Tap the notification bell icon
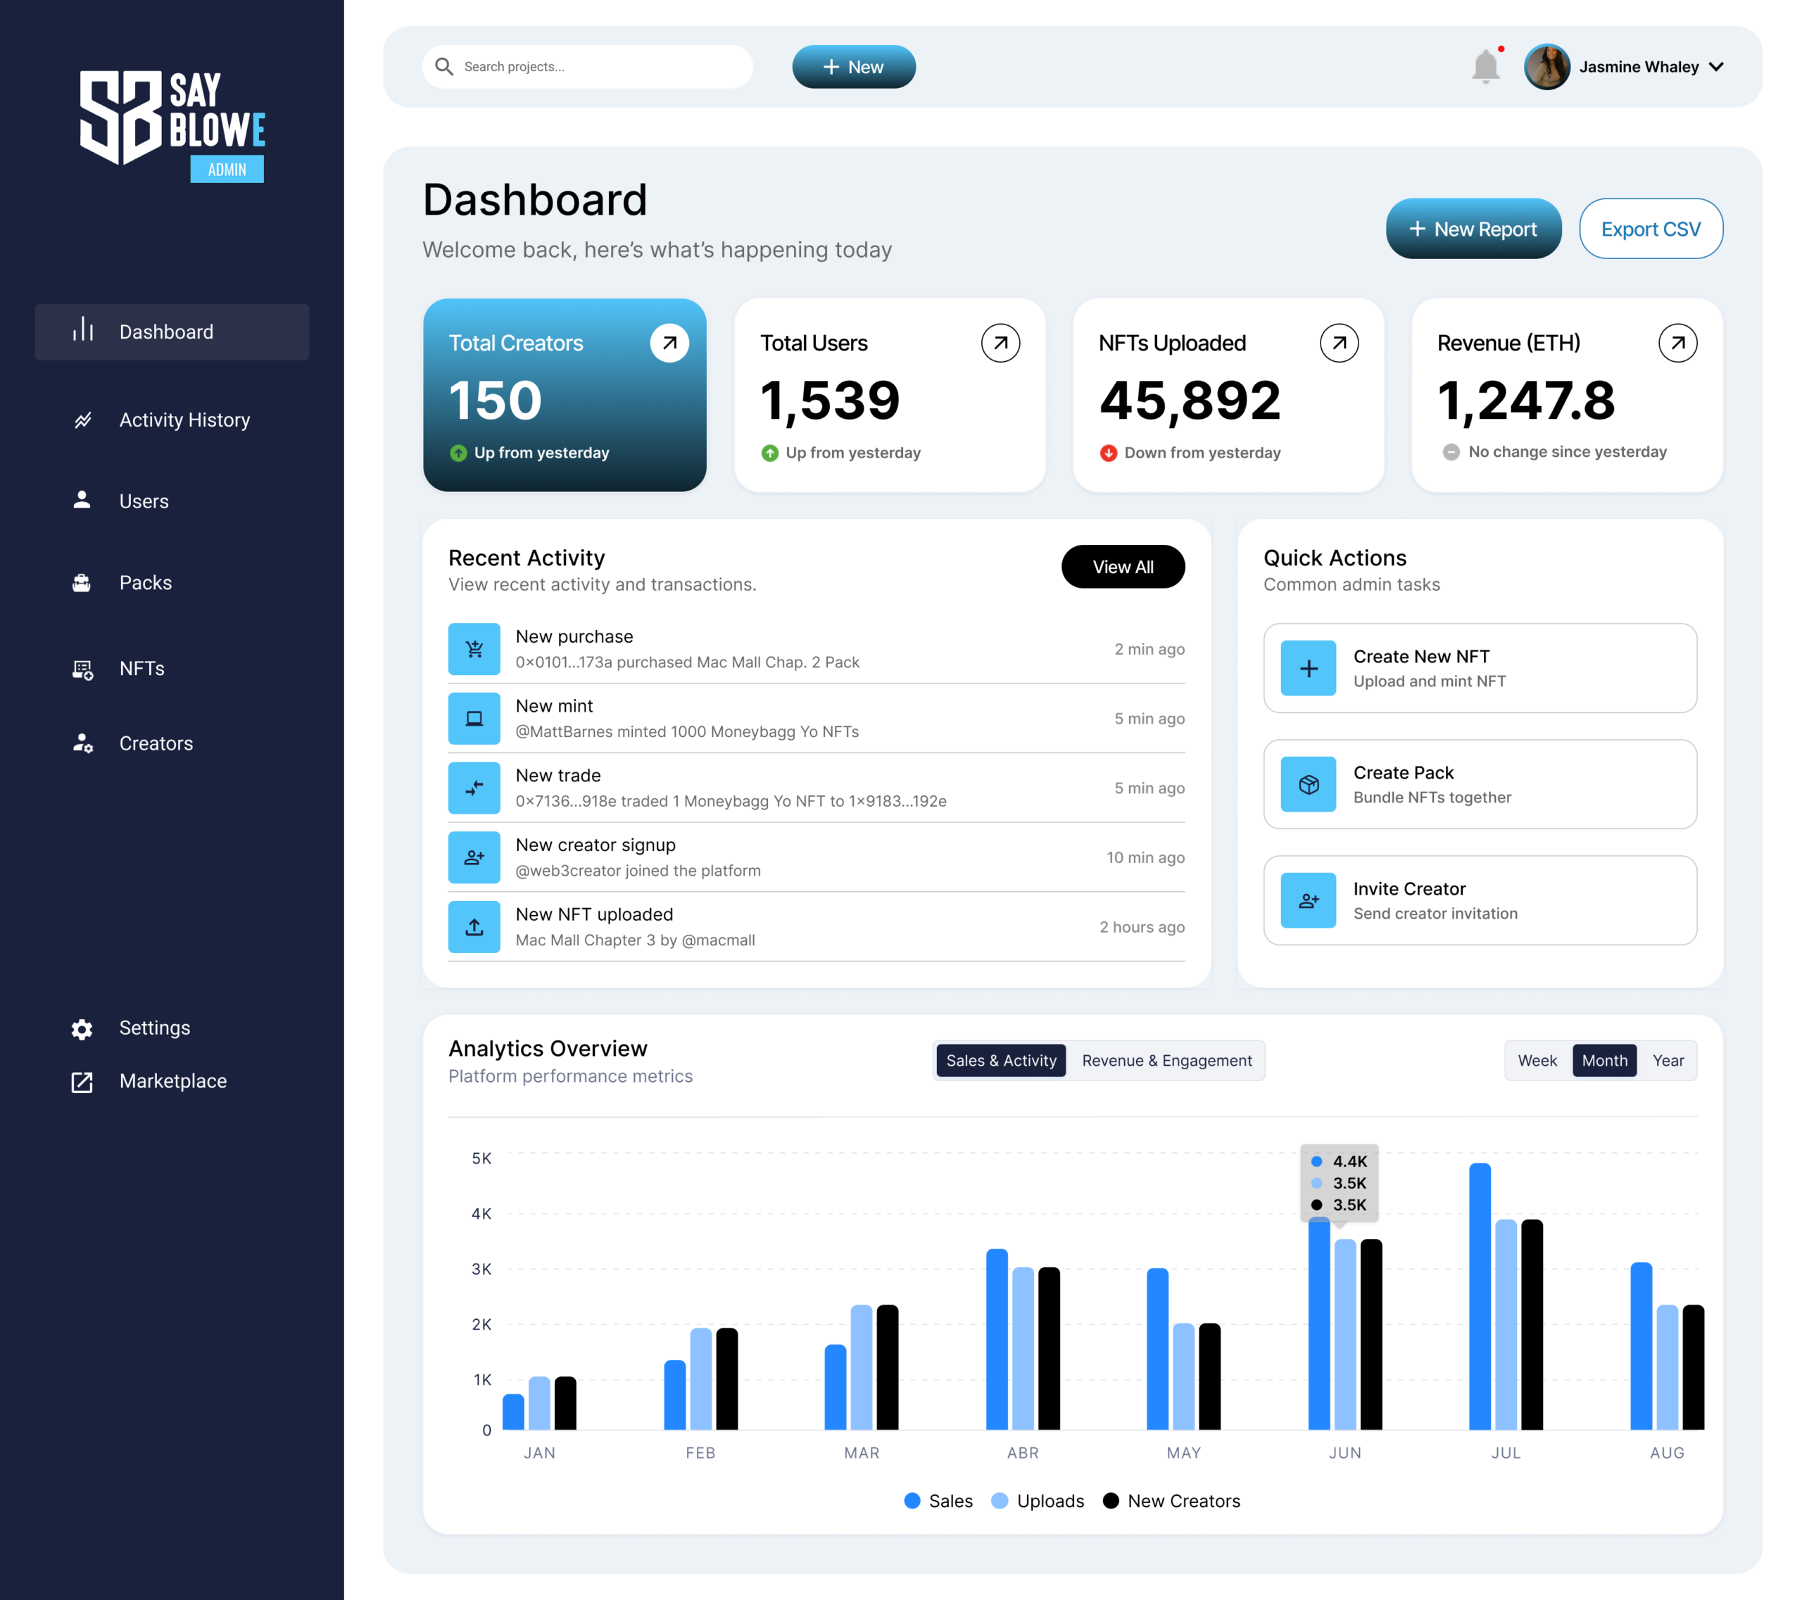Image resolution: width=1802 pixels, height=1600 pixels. (1485, 67)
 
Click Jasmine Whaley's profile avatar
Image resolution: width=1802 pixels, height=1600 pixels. (1546, 67)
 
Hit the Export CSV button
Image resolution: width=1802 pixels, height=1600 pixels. (1651, 229)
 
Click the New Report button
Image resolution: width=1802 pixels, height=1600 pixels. (1473, 229)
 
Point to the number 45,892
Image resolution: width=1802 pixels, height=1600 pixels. (1190, 401)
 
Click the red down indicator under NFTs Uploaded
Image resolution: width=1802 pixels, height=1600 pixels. (1108, 453)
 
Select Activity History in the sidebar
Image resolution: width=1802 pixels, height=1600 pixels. (184, 420)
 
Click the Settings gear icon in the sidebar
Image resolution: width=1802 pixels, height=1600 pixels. (82, 1028)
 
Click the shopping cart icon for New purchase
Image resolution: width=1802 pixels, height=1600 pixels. (474, 650)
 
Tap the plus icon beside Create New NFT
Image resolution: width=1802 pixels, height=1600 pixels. (1309, 668)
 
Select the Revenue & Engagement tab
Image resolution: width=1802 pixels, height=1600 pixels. (1166, 1061)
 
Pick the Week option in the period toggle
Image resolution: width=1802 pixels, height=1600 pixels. (1537, 1061)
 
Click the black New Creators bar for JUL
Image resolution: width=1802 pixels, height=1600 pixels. (1532, 1323)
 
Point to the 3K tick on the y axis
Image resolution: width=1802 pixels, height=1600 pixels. (481, 1269)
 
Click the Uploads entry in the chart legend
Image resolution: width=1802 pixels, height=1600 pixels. (1038, 1501)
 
